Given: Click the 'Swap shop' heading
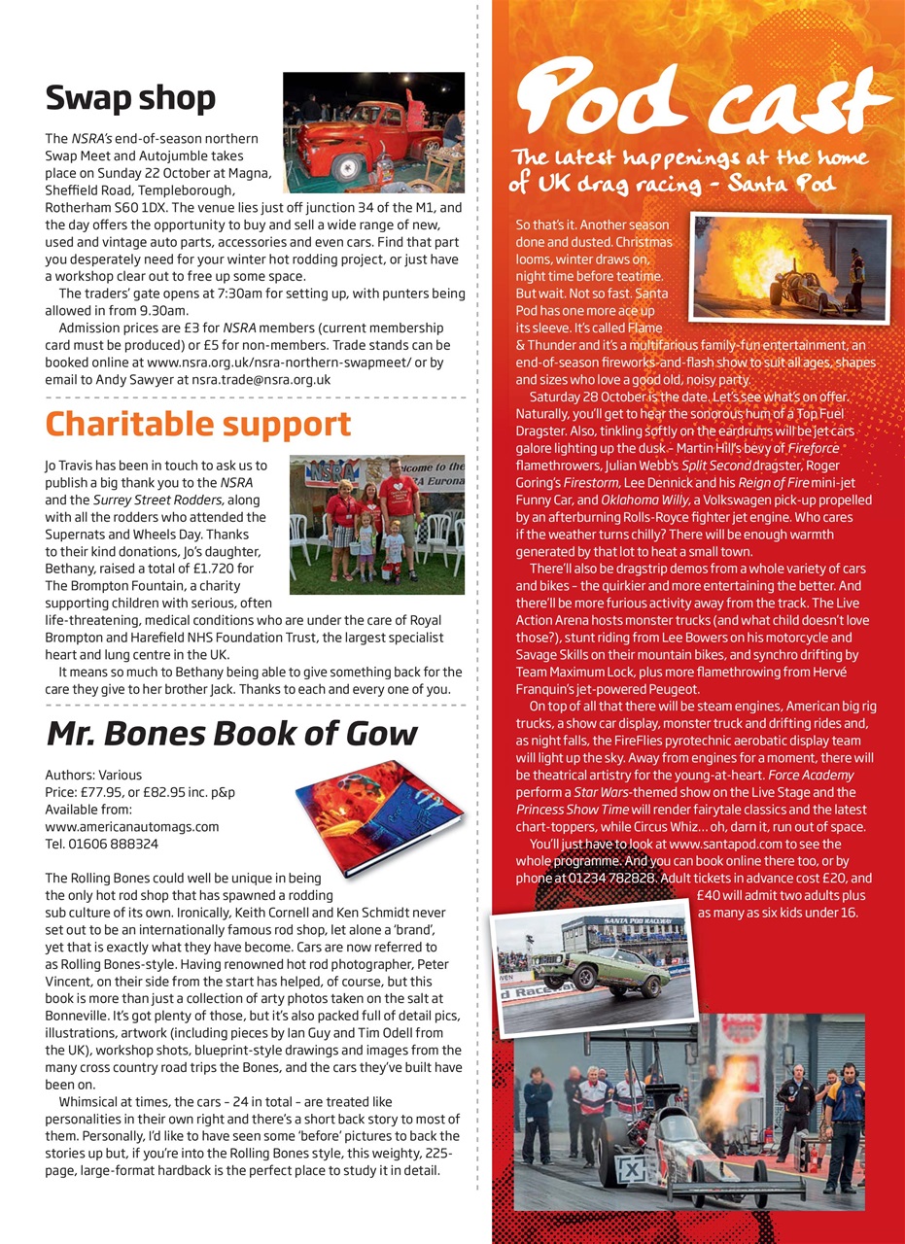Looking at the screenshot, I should pyautogui.click(x=130, y=98).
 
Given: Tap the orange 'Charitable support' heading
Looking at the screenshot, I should pyautogui.click(x=198, y=425).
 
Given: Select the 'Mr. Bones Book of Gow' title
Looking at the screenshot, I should pyautogui.click(x=231, y=732).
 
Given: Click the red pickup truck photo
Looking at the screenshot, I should pyautogui.click(x=373, y=131).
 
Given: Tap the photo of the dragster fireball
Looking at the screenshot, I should pyautogui.click(x=790, y=267).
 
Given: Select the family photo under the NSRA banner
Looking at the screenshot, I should pyautogui.click(x=376, y=524).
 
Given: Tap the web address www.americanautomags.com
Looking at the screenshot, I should pyautogui.click(x=132, y=826).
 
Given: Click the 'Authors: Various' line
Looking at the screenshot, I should pyautogui.click(x=93, y=776).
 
